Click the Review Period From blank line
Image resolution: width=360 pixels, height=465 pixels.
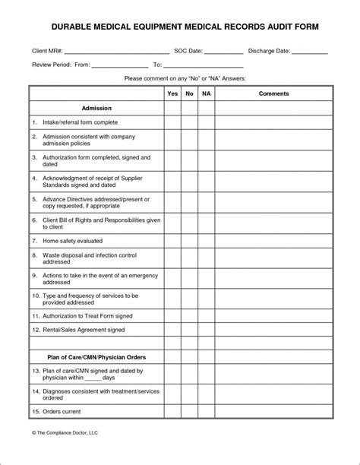119,65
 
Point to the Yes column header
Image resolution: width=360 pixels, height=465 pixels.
172,93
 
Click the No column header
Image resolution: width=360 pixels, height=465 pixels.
189,93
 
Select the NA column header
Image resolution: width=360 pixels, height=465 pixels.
206,93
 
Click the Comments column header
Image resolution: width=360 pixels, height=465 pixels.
273,93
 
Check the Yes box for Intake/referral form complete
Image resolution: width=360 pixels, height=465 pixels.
172,122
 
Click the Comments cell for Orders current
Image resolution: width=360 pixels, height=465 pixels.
273,413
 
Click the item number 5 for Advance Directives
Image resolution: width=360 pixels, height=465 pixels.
35,198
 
